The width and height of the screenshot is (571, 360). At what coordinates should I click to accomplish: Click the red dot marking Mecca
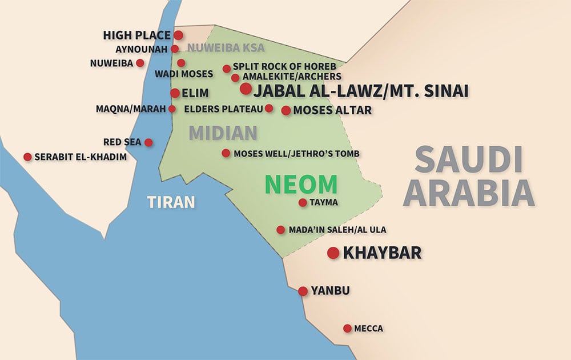click(347, 328)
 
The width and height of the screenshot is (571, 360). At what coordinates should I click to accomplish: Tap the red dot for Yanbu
click(303, 291)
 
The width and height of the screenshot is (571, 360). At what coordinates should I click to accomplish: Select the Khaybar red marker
click(333, 253)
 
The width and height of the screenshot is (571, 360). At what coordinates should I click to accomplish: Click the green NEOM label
click(301, 184)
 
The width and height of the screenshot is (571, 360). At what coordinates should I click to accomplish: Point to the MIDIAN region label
click(223, 133)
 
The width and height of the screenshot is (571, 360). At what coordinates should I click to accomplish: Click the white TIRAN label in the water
click(171, 202)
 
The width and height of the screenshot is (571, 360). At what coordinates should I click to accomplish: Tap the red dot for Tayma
click(303, 202)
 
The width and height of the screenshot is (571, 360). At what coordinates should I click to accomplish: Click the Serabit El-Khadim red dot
click(27, 157)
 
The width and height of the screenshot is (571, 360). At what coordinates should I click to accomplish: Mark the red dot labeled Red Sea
click(148, 142)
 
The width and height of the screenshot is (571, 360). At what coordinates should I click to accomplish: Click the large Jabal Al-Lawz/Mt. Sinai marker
click(246, 89)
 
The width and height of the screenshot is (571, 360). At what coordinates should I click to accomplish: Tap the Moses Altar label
click(332, 110)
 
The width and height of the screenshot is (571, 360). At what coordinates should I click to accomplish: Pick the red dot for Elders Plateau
click(269, 108)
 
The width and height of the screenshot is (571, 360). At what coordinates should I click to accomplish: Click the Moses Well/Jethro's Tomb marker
click(226, 153)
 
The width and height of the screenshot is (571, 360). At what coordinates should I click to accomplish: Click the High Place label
click(136, 35)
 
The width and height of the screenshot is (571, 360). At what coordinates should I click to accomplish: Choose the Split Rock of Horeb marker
click(227, 69)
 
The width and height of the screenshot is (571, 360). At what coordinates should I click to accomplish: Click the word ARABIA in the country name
click(468, 192)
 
